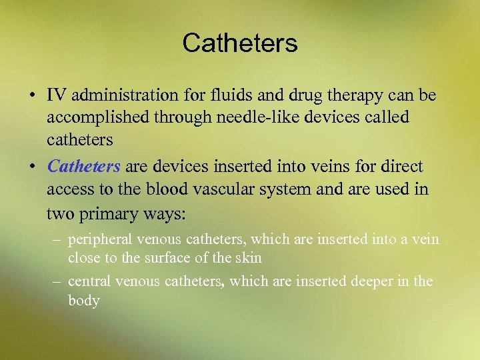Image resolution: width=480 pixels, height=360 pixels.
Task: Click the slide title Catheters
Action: coord(240,44)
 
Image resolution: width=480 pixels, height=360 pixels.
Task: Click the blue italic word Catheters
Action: coord(83,166)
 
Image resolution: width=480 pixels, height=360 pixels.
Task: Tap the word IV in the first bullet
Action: coord(55,95)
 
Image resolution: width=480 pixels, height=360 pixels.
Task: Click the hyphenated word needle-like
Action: coord(225,117)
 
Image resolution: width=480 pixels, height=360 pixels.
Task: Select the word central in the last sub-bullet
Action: coord(89,281)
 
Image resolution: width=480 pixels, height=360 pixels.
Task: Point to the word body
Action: coord(83,301)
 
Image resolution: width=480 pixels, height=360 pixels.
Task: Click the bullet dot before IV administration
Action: coord(31,96)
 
